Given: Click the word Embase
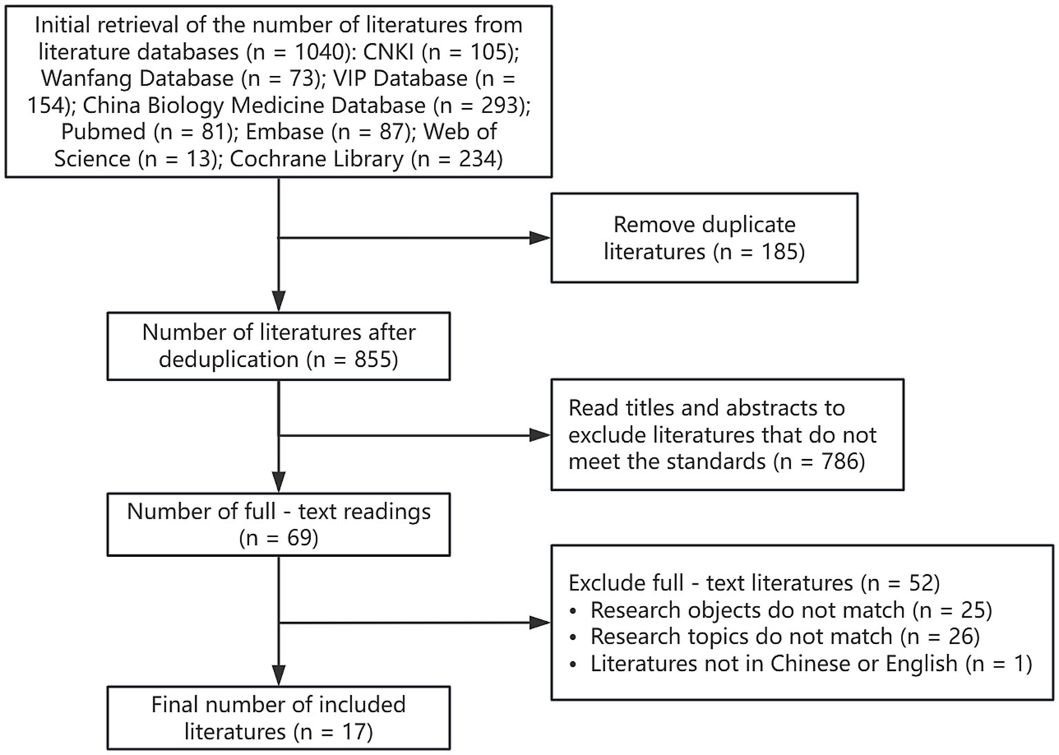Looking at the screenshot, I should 284,132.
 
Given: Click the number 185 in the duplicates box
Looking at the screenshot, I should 777,252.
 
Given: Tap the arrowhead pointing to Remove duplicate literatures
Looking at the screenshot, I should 540,238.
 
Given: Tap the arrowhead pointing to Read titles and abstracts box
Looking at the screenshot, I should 540,435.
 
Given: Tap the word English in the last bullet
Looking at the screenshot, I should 922,663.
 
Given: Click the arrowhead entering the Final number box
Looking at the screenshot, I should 279,676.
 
